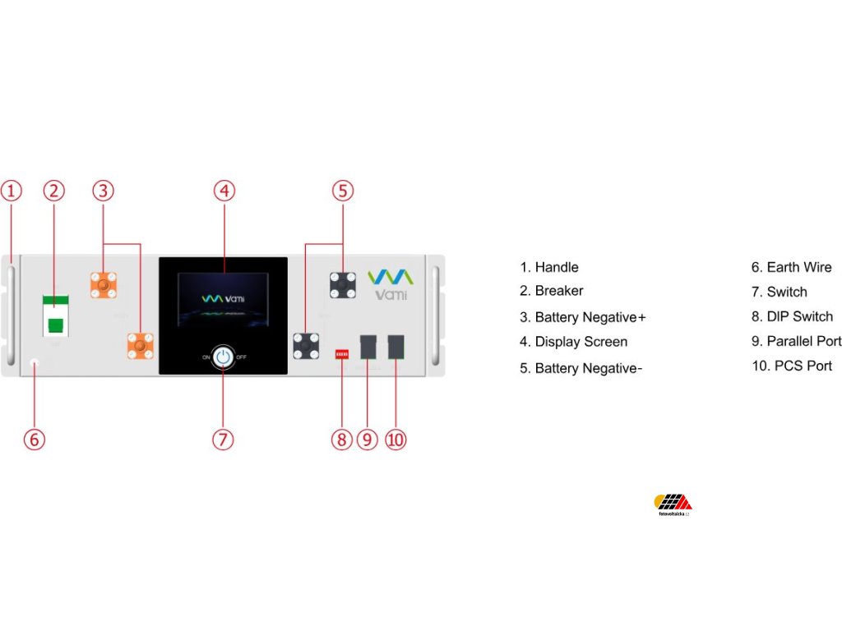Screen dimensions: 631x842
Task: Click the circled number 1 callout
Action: pos(11,191)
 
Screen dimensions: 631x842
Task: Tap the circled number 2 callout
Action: pos(54,191)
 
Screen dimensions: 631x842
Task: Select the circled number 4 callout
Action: pos(224,191)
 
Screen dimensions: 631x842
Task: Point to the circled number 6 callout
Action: pos(34,440)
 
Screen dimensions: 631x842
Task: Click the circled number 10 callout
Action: pos(396,440)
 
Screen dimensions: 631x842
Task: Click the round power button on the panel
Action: pos(223,357)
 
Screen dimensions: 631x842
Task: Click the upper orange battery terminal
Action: pos(103,286)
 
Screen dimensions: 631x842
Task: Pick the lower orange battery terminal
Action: pos(140,346)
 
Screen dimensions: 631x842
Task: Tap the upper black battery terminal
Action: pos(342,284)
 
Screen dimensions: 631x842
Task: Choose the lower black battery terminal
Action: pos(306,346)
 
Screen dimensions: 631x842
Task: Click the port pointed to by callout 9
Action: pos(368,346)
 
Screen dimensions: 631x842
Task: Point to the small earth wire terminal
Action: pos(35,362)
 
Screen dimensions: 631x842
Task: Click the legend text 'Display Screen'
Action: pos(581,342)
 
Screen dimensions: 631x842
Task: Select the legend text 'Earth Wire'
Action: pos(798,267)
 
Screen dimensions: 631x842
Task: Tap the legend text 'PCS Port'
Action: pos(803,366)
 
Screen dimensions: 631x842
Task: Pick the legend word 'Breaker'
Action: pos(559,291)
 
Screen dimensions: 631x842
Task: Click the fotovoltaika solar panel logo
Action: pos(673,503)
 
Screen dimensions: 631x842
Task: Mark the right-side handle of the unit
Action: pos(435,315)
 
